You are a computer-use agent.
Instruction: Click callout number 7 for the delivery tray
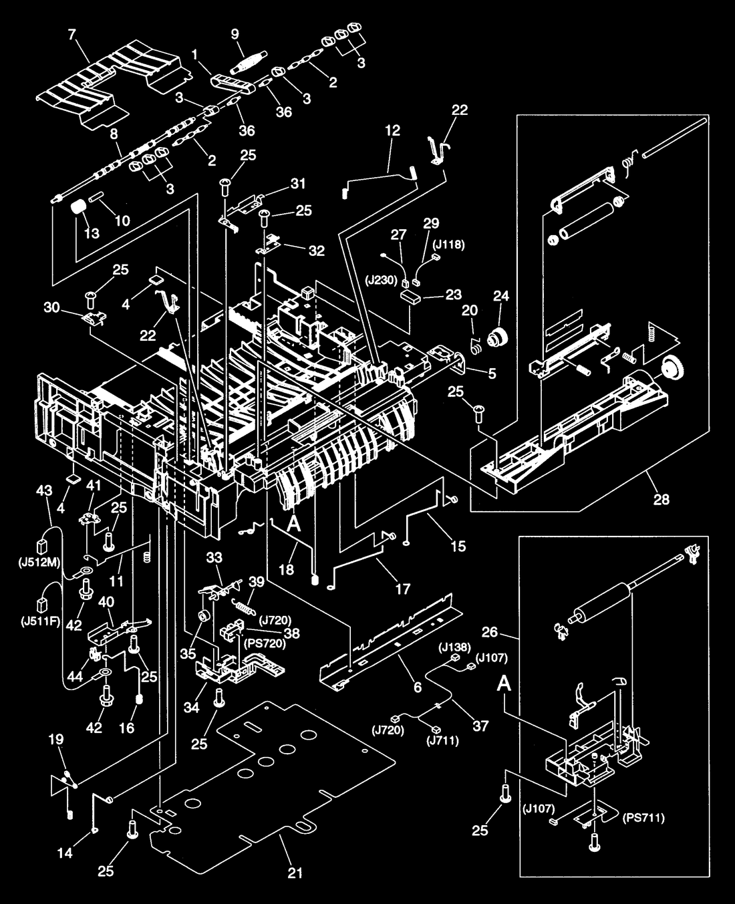pos(73,35)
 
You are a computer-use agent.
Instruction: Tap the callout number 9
pos(235,34)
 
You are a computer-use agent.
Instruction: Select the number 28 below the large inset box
pos(661,499)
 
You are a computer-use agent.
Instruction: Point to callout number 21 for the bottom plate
pos(295,873)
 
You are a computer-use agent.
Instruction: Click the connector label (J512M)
pos(39,563)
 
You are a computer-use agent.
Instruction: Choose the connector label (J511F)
pos(39,622)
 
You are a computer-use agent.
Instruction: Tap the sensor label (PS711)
pos(643,818)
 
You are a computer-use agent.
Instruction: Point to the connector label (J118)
pos(448,245)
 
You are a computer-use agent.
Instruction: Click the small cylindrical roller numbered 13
pos(78,208)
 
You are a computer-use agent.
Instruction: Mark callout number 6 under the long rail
pos(418,687)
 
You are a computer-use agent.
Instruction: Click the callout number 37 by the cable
pos(480,726)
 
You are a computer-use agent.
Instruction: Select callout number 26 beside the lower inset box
pos(489,632)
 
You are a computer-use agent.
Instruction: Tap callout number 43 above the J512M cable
pos(44,490)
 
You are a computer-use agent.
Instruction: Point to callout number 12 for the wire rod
pos(392,130)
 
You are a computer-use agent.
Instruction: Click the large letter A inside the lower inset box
pos(504,684)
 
